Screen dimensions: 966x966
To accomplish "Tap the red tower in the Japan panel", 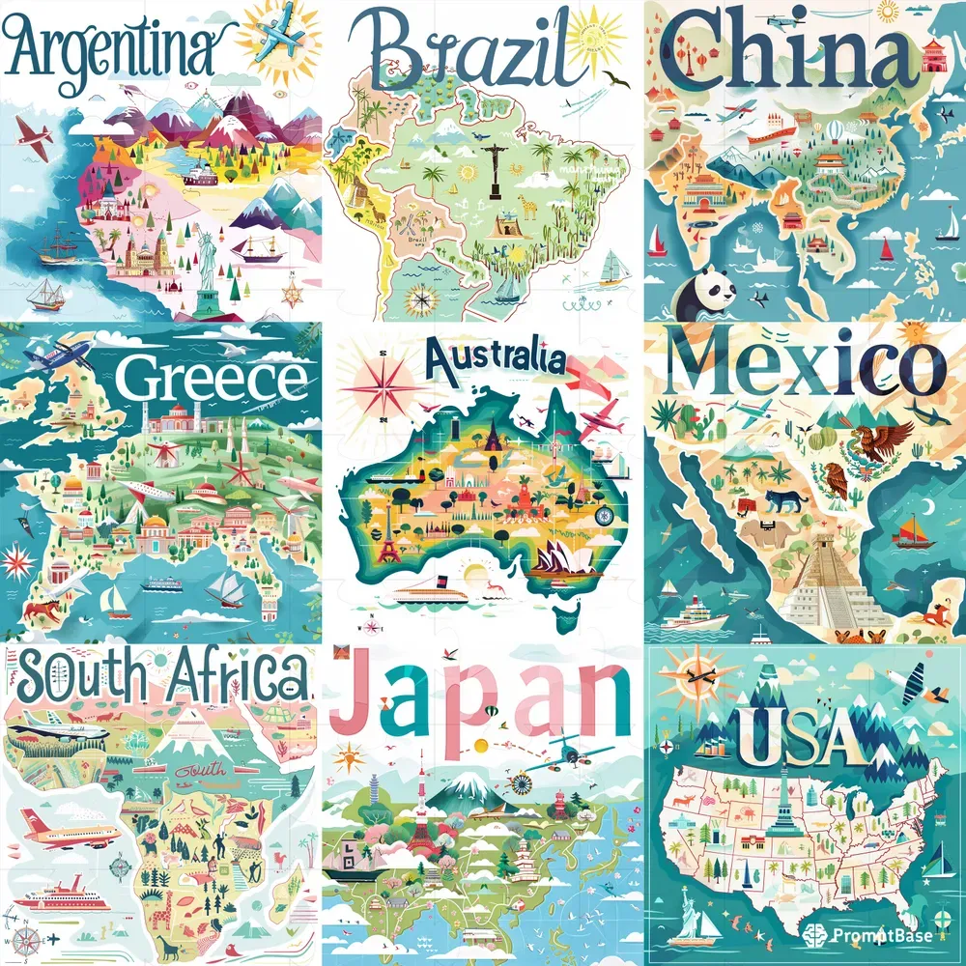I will pyautogui.click(x=422, y=816).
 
